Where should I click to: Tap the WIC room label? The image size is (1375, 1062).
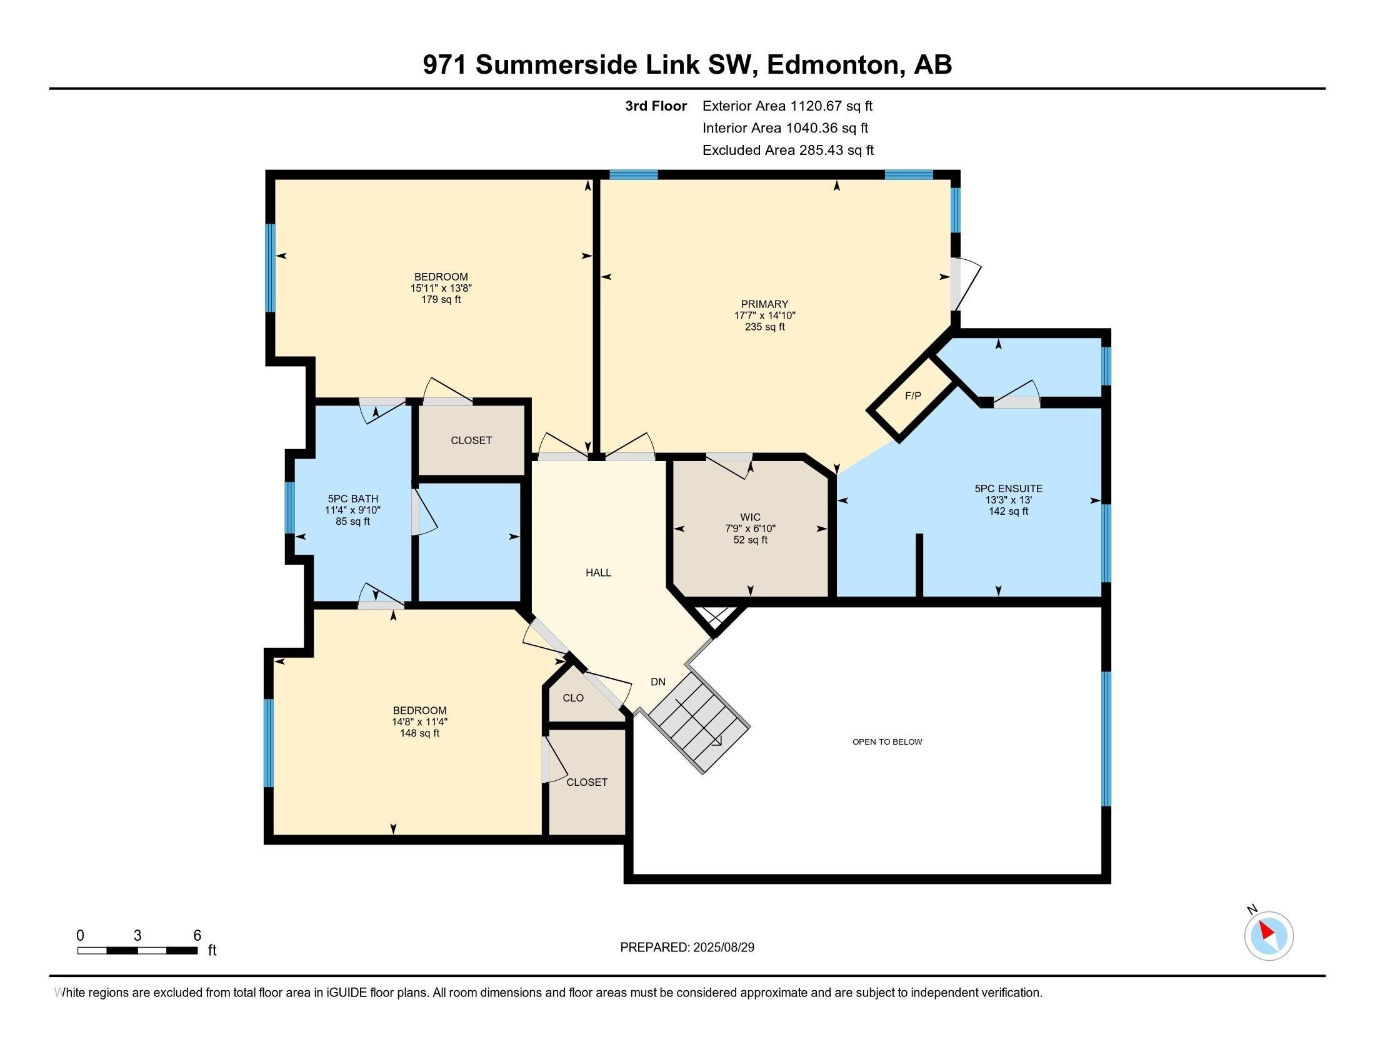click(751, 517)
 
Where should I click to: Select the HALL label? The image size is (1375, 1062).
click(598, 572)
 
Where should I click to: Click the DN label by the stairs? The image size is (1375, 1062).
click(658, 682)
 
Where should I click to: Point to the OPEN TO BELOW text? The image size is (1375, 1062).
click(887, 742)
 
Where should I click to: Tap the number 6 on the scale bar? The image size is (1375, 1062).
click(197, 936)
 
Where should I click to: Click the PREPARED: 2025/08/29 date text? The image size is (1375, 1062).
click(687, 948)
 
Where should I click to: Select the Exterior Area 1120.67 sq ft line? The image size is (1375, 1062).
click(787, 106)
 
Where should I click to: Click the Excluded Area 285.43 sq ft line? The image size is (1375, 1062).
click(787, 151)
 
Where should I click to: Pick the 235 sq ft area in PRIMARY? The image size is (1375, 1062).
click(764, 327)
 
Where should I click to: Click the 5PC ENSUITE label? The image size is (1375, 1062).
click(1008, 489)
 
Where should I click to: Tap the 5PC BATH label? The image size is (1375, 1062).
click(352, 499)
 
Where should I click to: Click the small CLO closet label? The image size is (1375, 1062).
click(573, 698)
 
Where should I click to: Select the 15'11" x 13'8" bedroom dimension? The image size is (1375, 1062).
click(441, 288)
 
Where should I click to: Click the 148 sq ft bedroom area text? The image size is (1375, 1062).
click(419, 733)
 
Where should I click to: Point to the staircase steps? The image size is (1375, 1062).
click(699, 723)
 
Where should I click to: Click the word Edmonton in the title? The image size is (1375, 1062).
click(832, 64)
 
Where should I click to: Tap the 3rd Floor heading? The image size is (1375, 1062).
click(656, 106)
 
